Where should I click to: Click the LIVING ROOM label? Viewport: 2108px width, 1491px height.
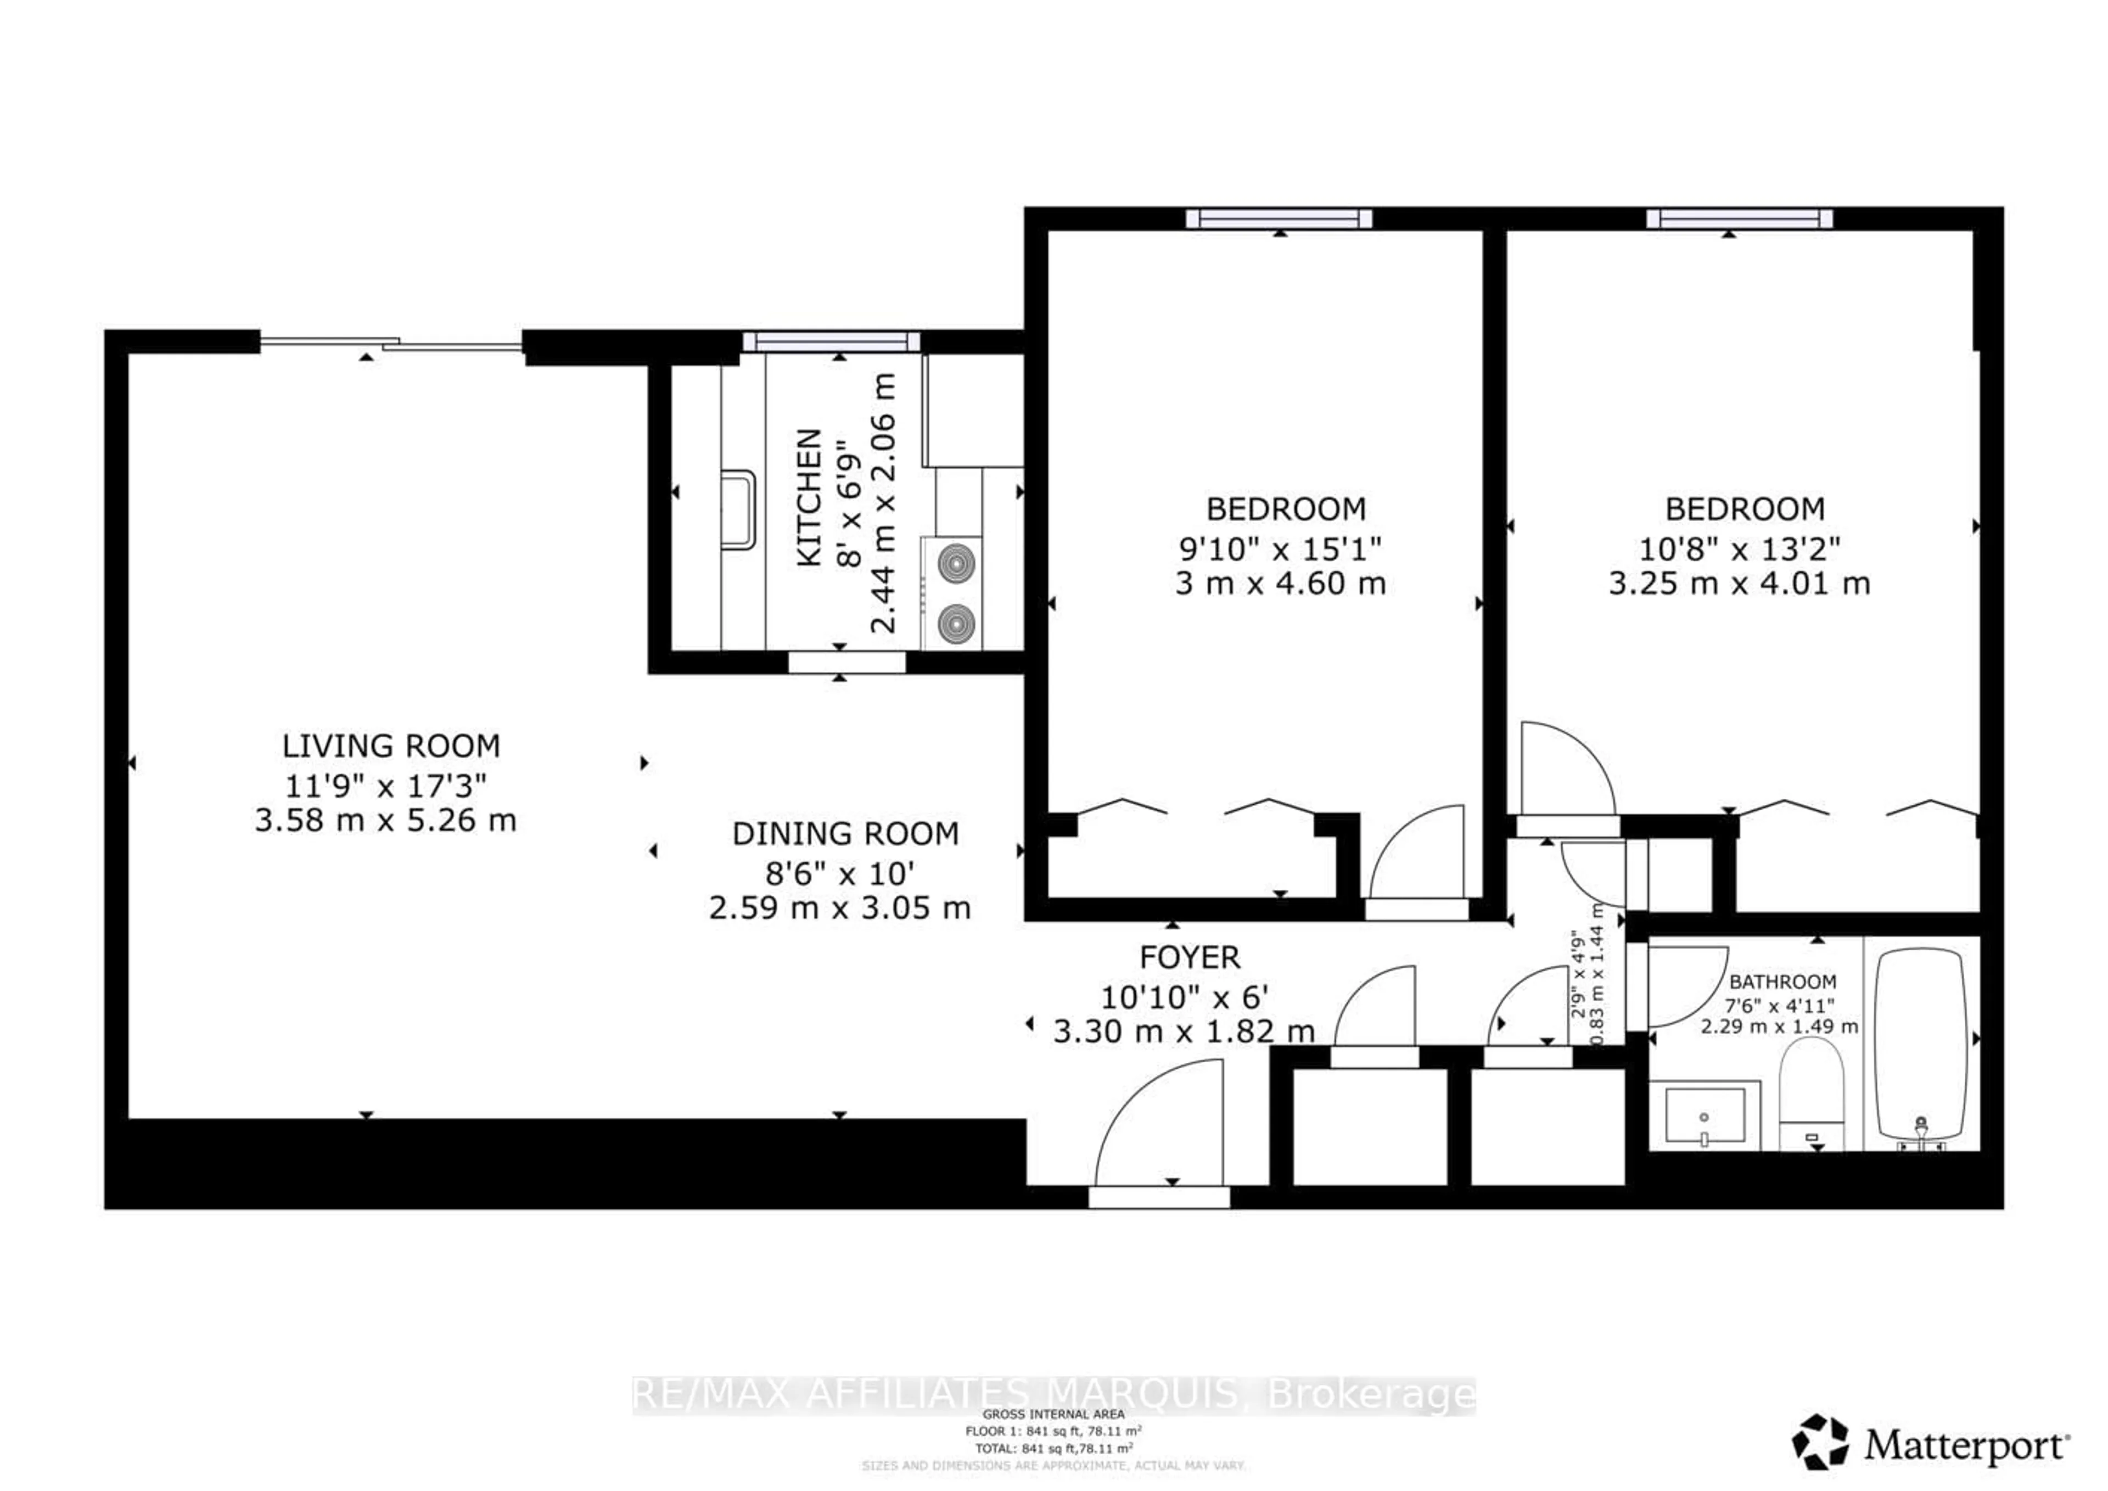tap(391, 746)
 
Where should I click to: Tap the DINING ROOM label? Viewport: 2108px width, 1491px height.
tap(845, 834)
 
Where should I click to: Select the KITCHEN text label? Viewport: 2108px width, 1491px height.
tap(809, 497)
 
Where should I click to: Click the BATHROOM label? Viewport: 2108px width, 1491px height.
tap(1782, 982)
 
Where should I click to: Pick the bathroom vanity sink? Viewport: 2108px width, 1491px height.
tap(1704, 1116)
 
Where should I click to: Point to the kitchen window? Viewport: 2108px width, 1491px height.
tap(831, 341)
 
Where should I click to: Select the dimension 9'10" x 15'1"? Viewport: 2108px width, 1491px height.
tap(1280, 549)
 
